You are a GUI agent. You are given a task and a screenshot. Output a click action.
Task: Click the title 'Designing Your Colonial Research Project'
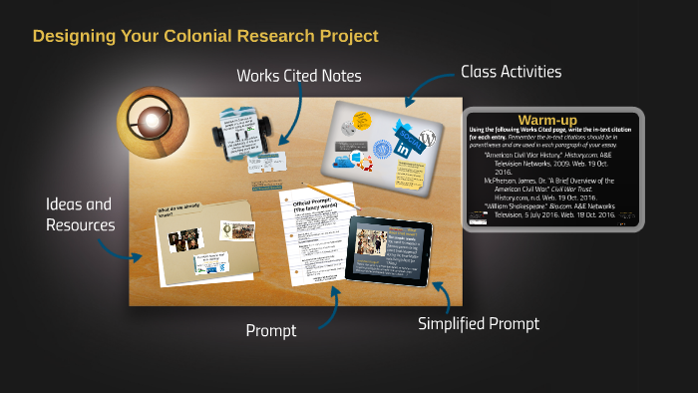[205, 36]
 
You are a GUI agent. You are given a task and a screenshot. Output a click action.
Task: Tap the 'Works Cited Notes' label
[298, 76]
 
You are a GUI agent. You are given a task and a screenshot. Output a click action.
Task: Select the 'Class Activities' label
[511, 72]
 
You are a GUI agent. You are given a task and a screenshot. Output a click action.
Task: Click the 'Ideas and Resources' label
[79, 214]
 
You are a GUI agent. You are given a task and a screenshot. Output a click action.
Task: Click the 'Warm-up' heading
[547, 120]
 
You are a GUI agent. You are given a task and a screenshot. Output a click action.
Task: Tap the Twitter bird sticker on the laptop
[409, 127]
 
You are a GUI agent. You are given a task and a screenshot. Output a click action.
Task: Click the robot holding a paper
[239, 129]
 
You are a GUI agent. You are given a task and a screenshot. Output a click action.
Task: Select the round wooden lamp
[153, 121]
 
